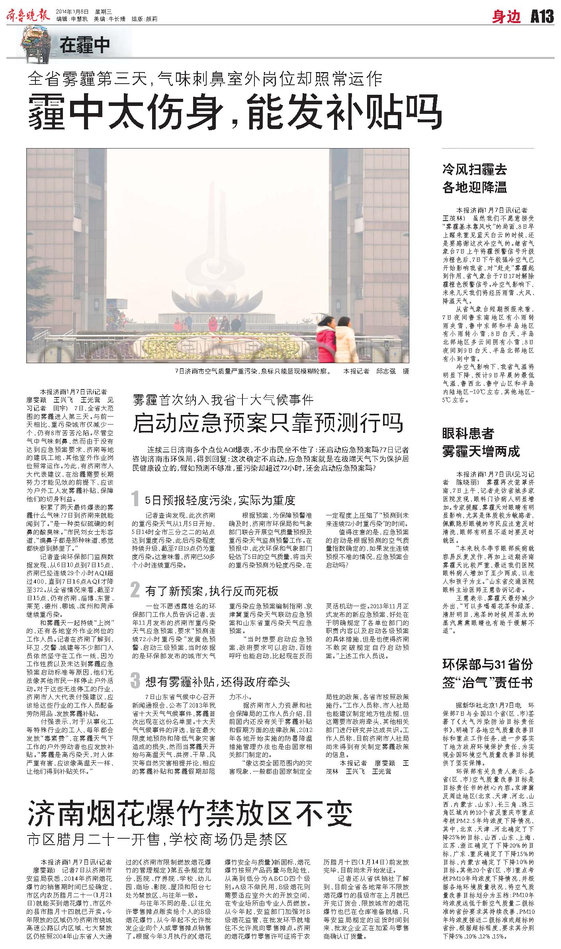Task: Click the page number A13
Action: pos(542,17)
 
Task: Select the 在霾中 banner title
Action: pos(85,45)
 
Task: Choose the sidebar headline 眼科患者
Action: pos(468,433)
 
